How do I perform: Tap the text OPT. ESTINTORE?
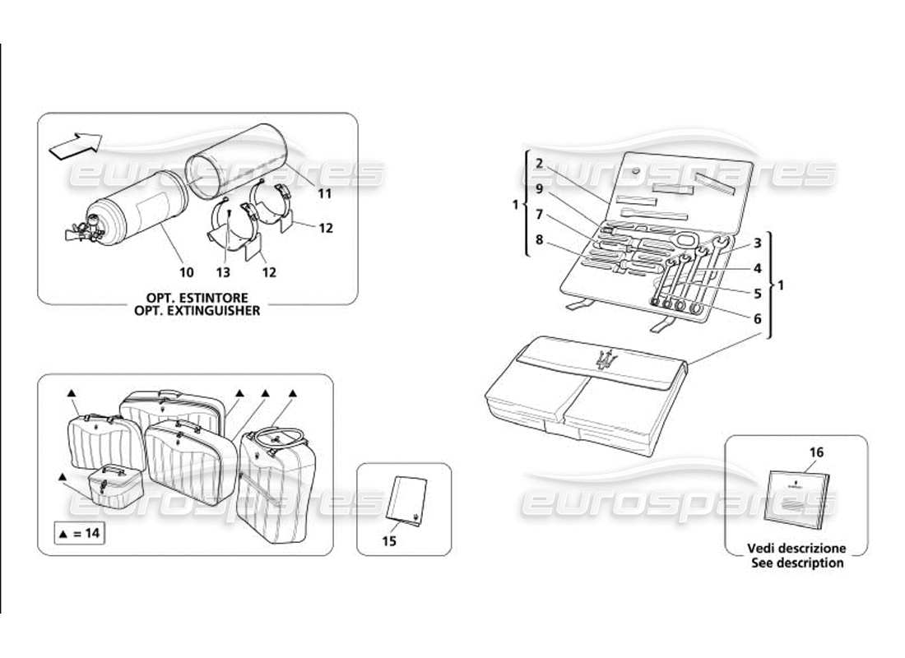[x=197, y=297]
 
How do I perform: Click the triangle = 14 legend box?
[x=80, y=534]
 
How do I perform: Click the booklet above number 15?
[x=406, y=499]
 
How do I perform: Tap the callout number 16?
[x=815, y=452]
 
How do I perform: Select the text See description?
[x=796, y=563]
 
